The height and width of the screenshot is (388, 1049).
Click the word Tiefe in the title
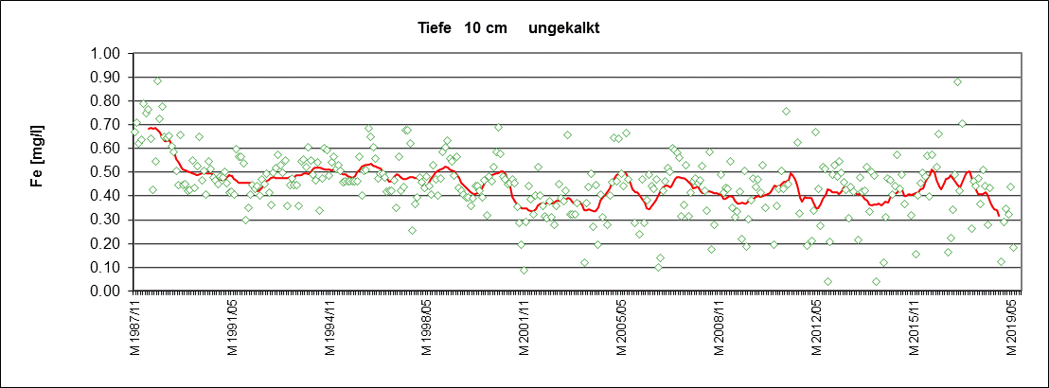pyautogui.click(x=436, y=28)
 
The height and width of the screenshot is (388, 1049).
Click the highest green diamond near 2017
pyautogui.click(x=957, y=82)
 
